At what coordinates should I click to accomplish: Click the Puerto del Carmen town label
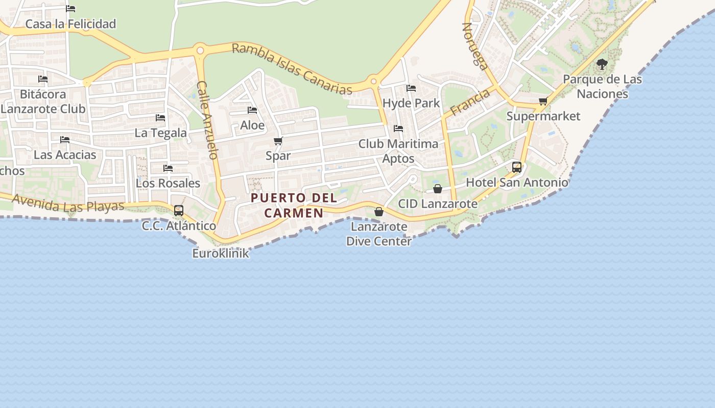pyautogui.click(x=294, y=205)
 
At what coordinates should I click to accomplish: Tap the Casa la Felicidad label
pyautogui.click(x=70, y=24)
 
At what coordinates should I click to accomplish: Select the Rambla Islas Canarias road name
pyautogui.click(x=292, y=69)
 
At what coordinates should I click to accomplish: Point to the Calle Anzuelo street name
pyautogui.click(x=208, y=120)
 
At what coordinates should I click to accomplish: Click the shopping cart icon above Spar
pyautogui.click(x=278, y=141)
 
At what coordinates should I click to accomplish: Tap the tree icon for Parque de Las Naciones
pyautogui.click(x=602, y=64)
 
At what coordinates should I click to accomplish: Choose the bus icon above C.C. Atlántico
pyautogui.click(x=179, y=210)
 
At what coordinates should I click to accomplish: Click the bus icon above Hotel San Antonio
pyautogui.click(x=517, y=167)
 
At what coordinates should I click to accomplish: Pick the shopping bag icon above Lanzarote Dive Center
pyautogui.click(x=379, y=212)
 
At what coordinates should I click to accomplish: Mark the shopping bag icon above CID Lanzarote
pyautogui.click(x=438, y=189)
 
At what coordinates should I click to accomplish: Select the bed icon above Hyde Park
pyautogui.click(x=411, y=88)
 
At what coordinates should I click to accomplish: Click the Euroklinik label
pyautogui.click(x=221, y=253)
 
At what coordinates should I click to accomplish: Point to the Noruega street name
pyautogui.click(x=475, y=46)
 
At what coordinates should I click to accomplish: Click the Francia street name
pyautogui.click(x=470, y=102)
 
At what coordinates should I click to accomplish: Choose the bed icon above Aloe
pyautogui.click(x=252, y=110)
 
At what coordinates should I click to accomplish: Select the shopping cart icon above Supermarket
pyautogui.click(x=543, y=101)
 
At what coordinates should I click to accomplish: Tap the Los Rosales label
pyautogui.click(x=168, y=183)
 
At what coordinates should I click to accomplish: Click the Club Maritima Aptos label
pyautogui.click(x=398, y=151)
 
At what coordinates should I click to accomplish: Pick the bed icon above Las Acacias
pyautogui.click(x=65, y=140)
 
